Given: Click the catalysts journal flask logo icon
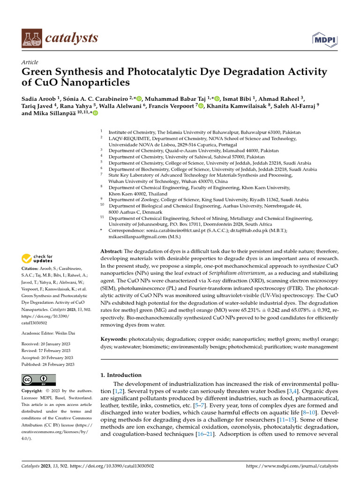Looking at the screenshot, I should click(x=31, y=38).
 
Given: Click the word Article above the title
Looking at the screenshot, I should click(x=30, y=62).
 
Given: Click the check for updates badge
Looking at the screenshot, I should click(x=37, y=258).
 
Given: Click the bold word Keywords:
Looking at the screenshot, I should click(x=114, y=338).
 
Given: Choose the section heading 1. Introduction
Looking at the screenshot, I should click(x=121, y=375).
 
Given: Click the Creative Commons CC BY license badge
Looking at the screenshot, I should click(x=38, y=380).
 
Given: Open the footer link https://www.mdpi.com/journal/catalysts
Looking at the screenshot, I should click(x=292, y=467).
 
